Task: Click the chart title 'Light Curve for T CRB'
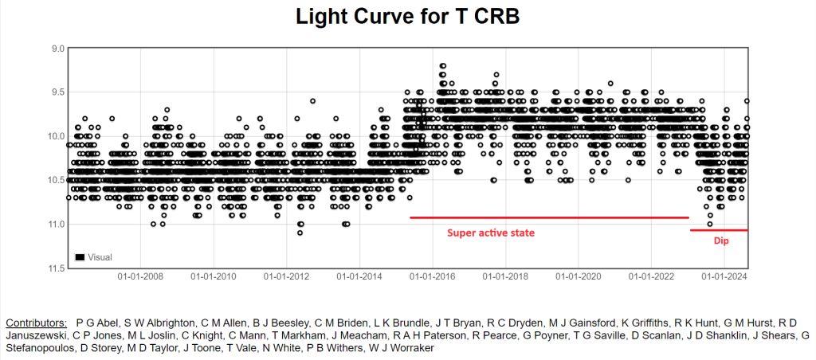407,17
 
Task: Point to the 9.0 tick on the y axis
58,49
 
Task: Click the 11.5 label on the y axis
56,268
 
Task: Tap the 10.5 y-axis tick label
56,180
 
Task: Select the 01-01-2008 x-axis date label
140,278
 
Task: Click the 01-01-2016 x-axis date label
431,278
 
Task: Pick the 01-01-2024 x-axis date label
722,278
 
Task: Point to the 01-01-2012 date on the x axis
286,278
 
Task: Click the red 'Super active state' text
489,233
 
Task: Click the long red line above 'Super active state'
549,217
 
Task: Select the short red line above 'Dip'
719,230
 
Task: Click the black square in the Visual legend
80,257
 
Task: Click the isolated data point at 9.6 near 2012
313,101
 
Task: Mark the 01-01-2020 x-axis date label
577,278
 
